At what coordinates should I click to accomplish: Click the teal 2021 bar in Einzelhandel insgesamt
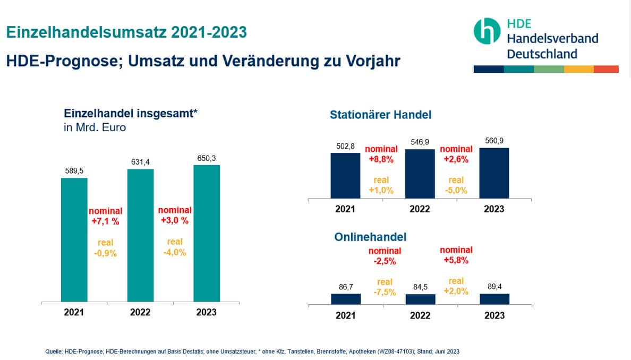tap(74, 240)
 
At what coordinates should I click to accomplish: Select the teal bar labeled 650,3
tap(207, 234)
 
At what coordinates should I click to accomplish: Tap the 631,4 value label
tap(140, 162)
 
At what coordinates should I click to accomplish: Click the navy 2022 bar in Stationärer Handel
tap(420, 174)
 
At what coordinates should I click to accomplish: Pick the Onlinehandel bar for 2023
tap(494, 299)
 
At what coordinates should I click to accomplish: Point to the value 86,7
tap(345, 287)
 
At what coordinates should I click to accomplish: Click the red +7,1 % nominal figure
tap(105, 221)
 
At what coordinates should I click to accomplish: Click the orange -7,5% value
tap(385, 292)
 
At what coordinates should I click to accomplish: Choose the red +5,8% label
tap(456, 261)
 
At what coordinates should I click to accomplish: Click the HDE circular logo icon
tap(487, 31)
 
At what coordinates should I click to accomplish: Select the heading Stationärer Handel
tap(380, 115)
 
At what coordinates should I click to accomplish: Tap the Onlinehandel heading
tap(370, 237)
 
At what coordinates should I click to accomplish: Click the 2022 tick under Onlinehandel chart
tap(420, 315)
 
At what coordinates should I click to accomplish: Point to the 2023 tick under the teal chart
tap(206, 312)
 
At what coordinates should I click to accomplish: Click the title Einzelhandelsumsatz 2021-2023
tap(126, 32)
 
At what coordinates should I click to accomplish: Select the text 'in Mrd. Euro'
tap(95, 127)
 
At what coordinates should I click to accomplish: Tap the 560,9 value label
tap(494, 141)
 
